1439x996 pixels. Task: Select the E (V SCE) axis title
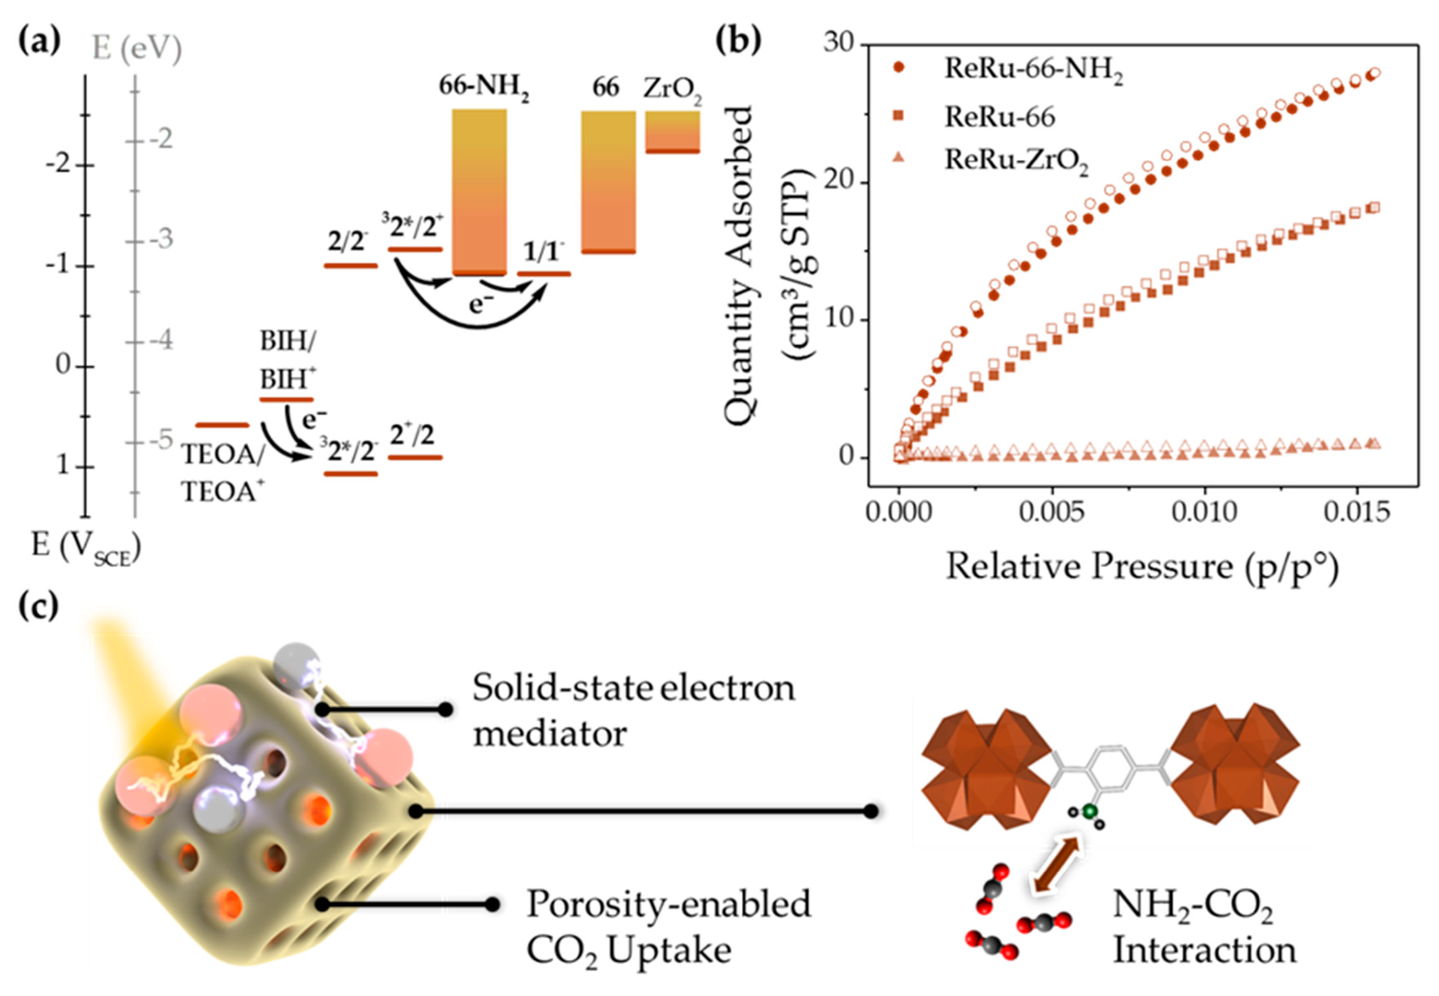click(x=86, y=548)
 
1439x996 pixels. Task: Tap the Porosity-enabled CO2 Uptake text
click(x=668, y=927)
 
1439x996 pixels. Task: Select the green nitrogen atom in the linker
click(x=1090, y=811)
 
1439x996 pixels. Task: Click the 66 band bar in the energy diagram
click(x=608, y=182)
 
